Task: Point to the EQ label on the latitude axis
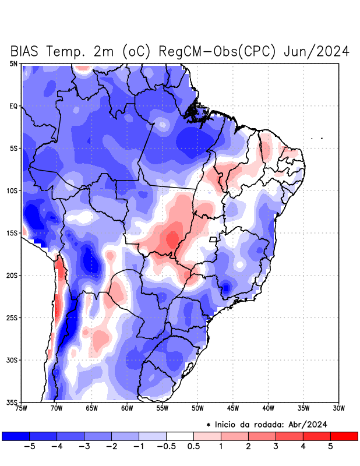(x=14, y=106)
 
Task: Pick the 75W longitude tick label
(x=21, y=408)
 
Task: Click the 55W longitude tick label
(x=162, y=408)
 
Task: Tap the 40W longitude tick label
(x=268, y=408)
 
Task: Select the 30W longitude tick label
(x=338, y=408)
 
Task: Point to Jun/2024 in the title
(x=316, y=51)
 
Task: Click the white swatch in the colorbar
(x=180, y=436)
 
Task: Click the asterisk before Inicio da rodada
(x=208, y=425)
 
